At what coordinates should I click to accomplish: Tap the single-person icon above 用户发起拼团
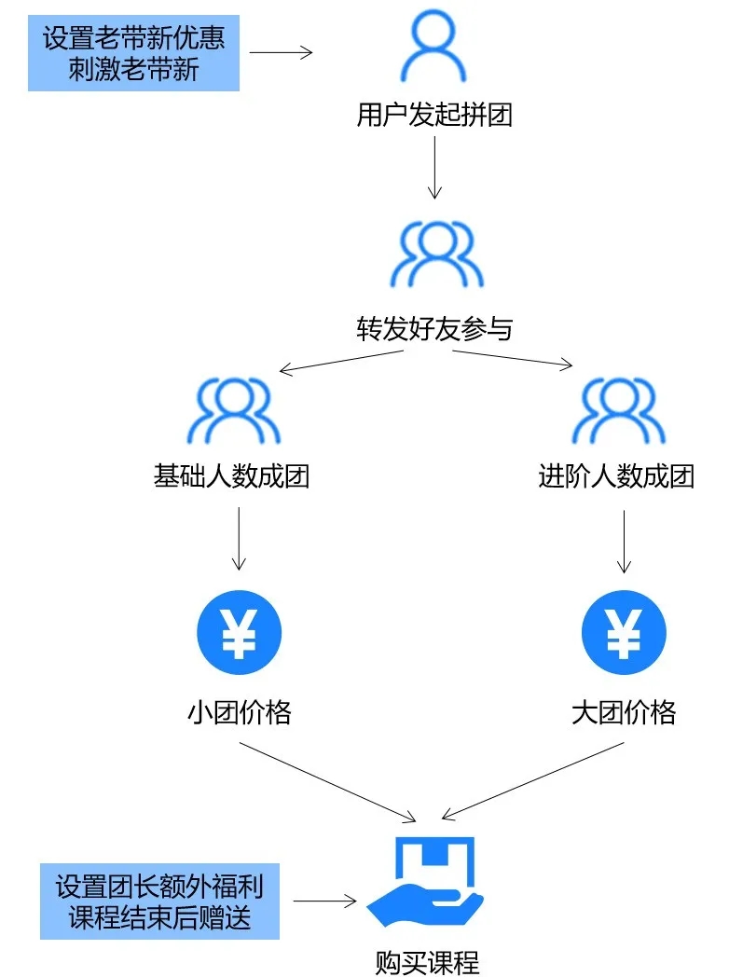[433, 48]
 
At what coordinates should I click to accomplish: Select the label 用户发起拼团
[434, 116]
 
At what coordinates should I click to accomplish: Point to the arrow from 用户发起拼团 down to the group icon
[434, 167]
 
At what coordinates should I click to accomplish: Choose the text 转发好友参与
[434, 328]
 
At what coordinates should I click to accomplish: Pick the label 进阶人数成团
[616, 476]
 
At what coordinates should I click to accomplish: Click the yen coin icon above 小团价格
[239, 633]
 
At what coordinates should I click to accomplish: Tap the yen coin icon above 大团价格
[624, 633]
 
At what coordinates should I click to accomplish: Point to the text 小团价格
[240, 713]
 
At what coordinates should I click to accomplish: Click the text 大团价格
[624, 713]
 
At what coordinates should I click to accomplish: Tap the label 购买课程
[427, 961]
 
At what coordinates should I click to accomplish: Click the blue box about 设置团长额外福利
[159, 901]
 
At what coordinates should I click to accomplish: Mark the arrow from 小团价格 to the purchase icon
[326, 782]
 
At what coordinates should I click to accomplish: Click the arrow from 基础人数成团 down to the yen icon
[239, 538]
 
